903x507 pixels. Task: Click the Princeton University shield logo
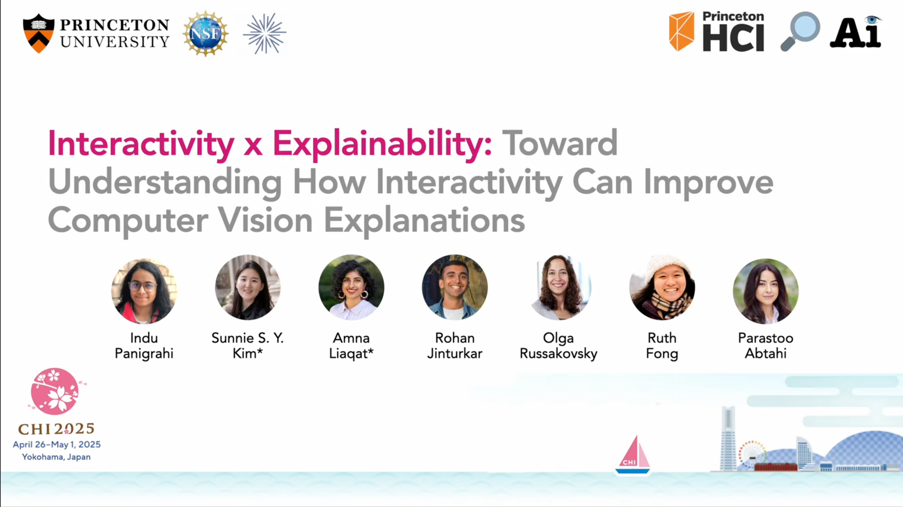pyautogui.click(x=38, y=33)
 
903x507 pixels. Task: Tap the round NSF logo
pyautogui.click(x=205, y=33)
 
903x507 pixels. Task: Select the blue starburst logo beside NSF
pyautogui.click(x=265, y=33)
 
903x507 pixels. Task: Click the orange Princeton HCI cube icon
pyautogui.click(x=682, y=31)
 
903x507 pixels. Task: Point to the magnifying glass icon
pyautogui.click(x=800, y=31)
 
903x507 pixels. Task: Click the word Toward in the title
pyautogui.click(x=560, y=143)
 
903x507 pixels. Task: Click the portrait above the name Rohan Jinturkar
pyautogui.click(x=455, y=288)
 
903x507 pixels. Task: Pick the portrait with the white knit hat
pyautogui.click(x=662, y=288)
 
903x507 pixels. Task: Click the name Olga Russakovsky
pyautogui.click(x=559, y=345)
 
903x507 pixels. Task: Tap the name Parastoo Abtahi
pyautogui.click(x=766, y=345)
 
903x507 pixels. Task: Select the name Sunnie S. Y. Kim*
pyautogui.click(x=247, y=345)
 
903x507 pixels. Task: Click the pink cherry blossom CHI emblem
pyautogui.click(x=55, y=391)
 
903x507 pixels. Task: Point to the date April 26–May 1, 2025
pyautogui.click(x=57, y=445)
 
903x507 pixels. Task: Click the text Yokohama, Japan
pyautogui.click(x=56, y=457)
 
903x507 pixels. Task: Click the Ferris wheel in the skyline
pyautogui.click(x=752, y=454)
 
